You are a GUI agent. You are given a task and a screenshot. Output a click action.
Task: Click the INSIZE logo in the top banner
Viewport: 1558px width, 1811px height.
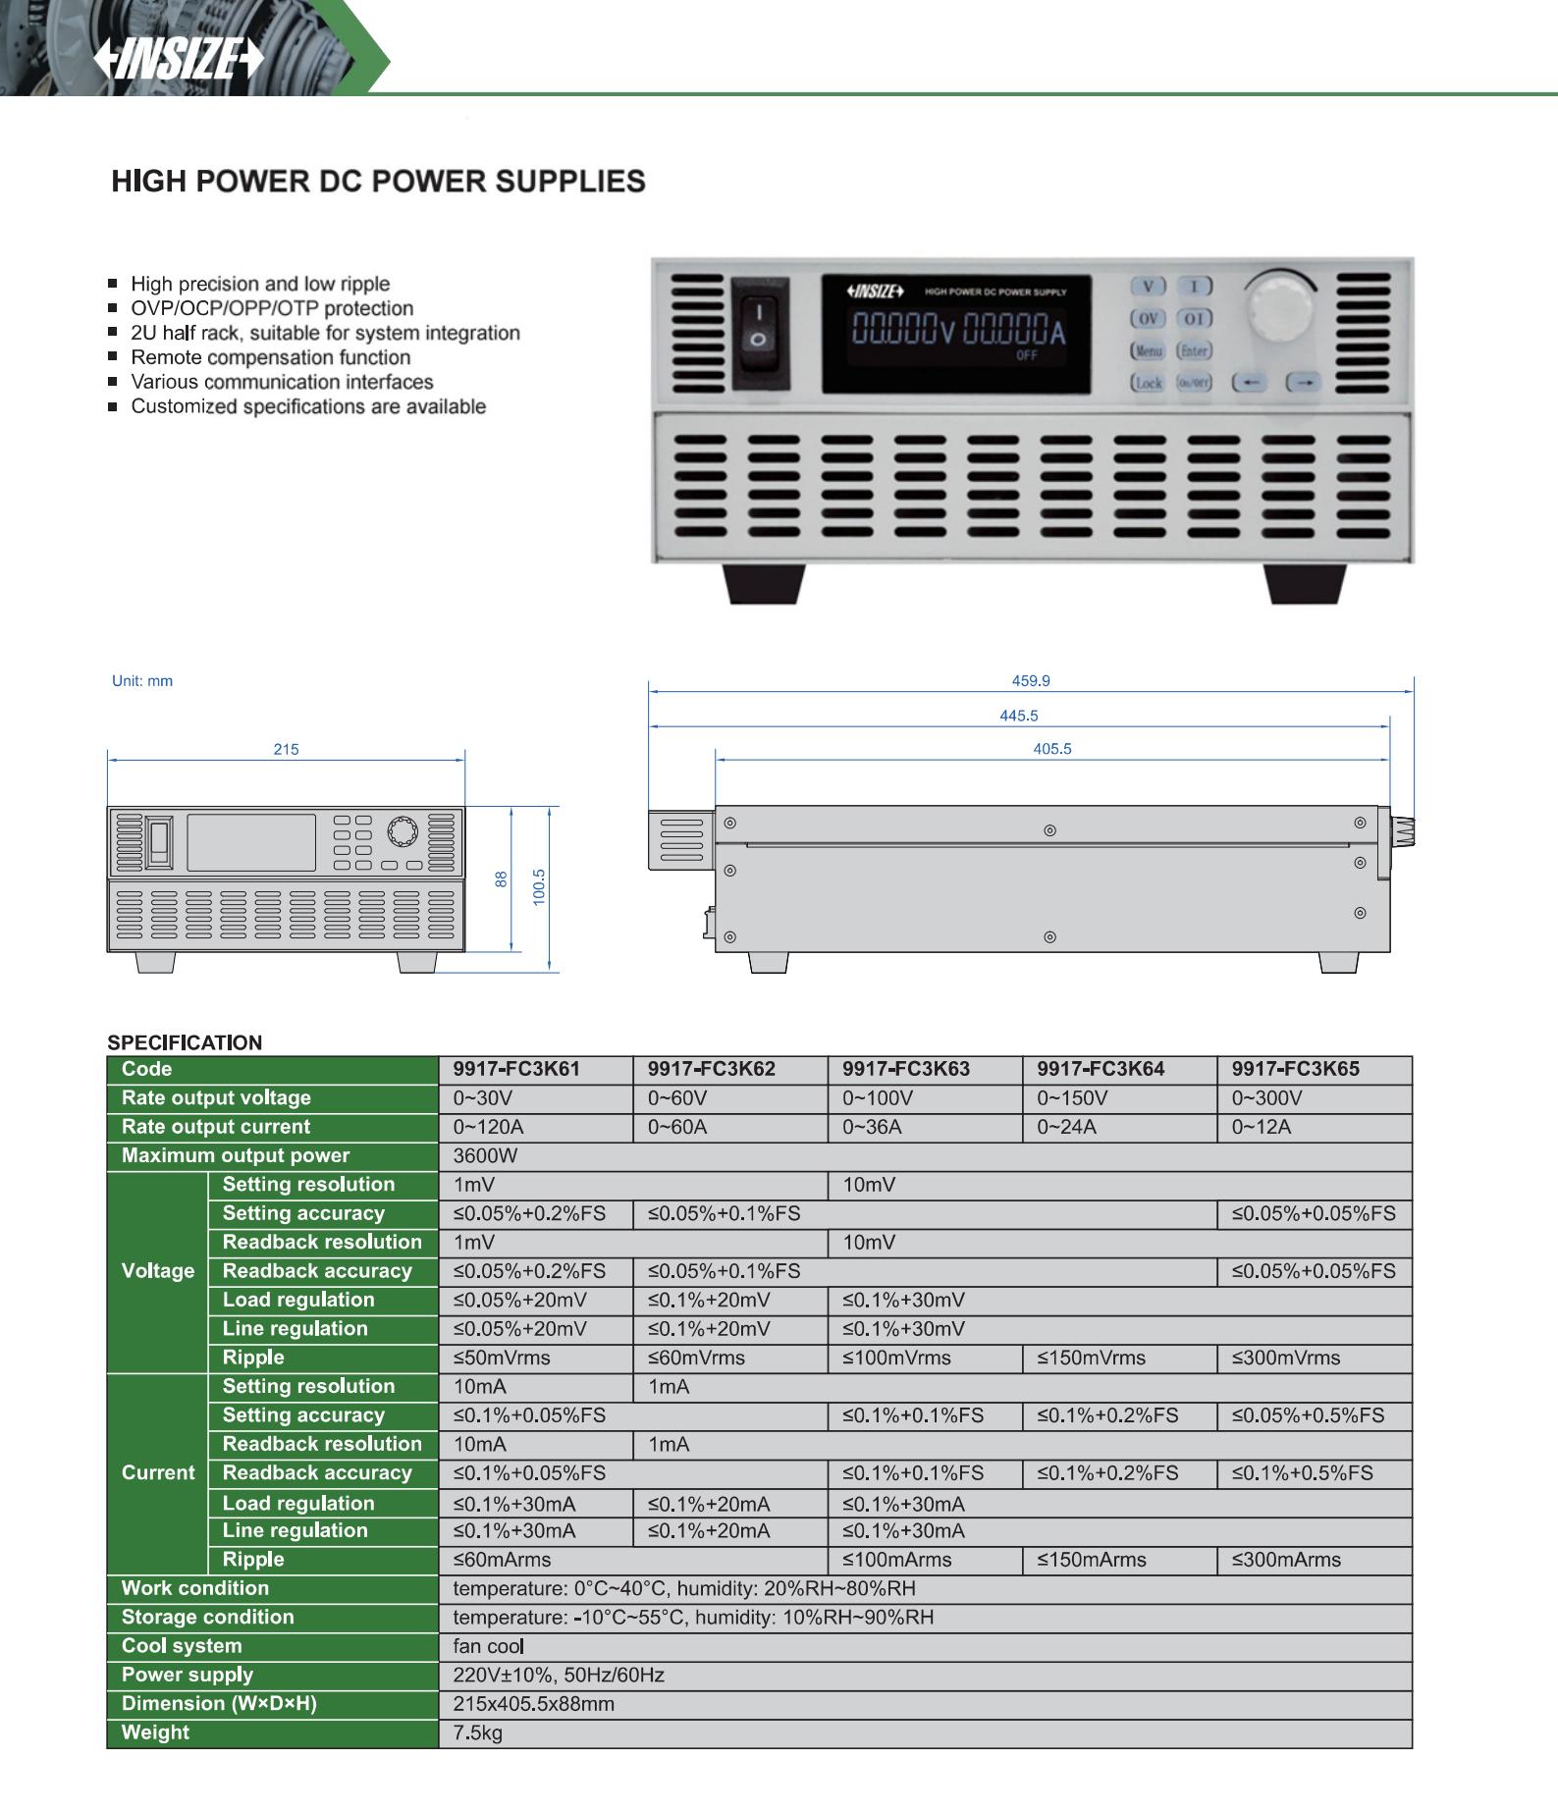pyautogui.click(x=179, y=61)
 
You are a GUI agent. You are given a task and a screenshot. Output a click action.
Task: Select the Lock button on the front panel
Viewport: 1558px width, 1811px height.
pyautogui.click(x=1147, y=383)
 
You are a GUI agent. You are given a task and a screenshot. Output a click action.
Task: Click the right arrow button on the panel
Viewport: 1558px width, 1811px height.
pyautogui.click(x=1303, y=382)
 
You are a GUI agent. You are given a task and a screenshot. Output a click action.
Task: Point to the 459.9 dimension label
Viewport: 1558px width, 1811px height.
pyautogui.click(x=1031, y=680)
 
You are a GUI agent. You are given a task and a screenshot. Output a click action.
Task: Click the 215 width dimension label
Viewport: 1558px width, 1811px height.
pyautogui.click(x=286, y=749)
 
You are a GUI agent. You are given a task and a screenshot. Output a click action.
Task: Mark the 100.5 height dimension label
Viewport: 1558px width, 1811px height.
pyautogui.click(x=538, y=887)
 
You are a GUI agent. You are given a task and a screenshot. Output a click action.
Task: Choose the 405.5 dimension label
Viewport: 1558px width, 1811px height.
pyautogui.click(x=1052, y=749)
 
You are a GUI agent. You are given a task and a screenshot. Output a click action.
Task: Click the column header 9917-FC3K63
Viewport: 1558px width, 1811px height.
pyautogui.click(x=905, y=1069)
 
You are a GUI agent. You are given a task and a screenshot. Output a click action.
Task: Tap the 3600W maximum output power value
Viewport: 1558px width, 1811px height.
pyautogui.click(x=485, y=1155)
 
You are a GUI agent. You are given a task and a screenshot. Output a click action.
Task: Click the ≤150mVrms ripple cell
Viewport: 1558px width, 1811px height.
pyautogui.click(x=1092, y=1358)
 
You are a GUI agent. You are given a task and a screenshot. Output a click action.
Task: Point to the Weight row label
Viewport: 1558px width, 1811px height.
pyautogui.click(x=155, y=1732)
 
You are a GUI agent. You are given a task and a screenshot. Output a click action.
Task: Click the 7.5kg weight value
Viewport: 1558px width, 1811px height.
pyautogui.click(x=478, y=1732)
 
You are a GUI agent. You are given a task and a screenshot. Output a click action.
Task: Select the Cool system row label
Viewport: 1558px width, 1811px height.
pyautogui.click(x=182, y=1646)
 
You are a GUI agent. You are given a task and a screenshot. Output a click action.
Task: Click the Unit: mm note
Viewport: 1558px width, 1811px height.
pyautogui.click(x=142, y=680)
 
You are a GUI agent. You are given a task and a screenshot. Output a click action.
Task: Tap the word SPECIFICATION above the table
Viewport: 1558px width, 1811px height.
pyautogui.click(x=185, y=1042)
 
